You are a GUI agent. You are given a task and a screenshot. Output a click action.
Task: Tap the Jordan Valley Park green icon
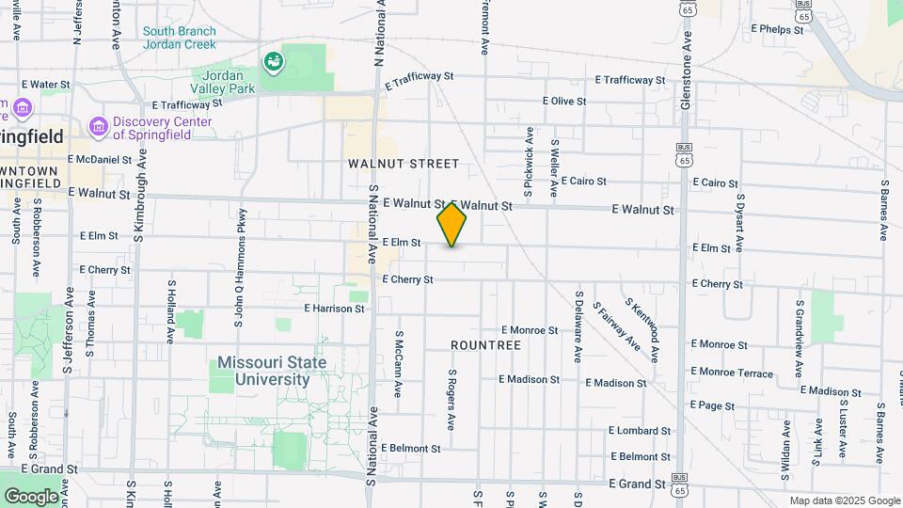click(x=275, y=63)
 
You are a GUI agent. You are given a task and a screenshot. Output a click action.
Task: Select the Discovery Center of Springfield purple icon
click(x=98, y=126)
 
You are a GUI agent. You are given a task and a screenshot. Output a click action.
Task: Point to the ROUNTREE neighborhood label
click(x=485, y=345)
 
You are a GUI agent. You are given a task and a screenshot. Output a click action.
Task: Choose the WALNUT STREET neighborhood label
click(x=404, y=164)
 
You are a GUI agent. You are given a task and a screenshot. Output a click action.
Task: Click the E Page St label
click(x=712, y=405)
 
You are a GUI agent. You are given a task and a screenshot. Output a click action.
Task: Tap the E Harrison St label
click(x=334, y=308)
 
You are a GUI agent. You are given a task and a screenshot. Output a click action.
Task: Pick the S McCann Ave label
click(x=399, y=357)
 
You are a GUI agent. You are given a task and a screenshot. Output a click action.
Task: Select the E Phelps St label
click(x=777, y=29)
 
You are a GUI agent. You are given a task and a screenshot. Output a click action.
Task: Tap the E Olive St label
click(x=564, y=101)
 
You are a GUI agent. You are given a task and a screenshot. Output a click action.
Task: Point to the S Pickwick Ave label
click(x=530, y=162)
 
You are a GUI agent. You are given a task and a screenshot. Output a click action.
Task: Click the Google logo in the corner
click(x=31, y=496)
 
